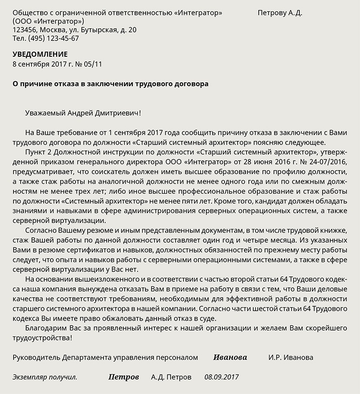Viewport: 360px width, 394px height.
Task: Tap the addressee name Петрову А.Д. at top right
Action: (x=280, y=13)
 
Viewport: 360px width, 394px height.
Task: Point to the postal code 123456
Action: (x=25, y=30)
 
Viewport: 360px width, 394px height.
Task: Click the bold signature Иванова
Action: (x=230, y=358)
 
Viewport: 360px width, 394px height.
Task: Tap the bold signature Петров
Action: (x=124, y=377)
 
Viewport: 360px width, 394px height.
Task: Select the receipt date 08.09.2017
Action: (x=221, y=377)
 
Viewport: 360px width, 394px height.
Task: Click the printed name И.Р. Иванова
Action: (x=291, y=358)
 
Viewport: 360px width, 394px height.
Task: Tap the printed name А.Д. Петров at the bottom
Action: (x=171, y=377)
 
